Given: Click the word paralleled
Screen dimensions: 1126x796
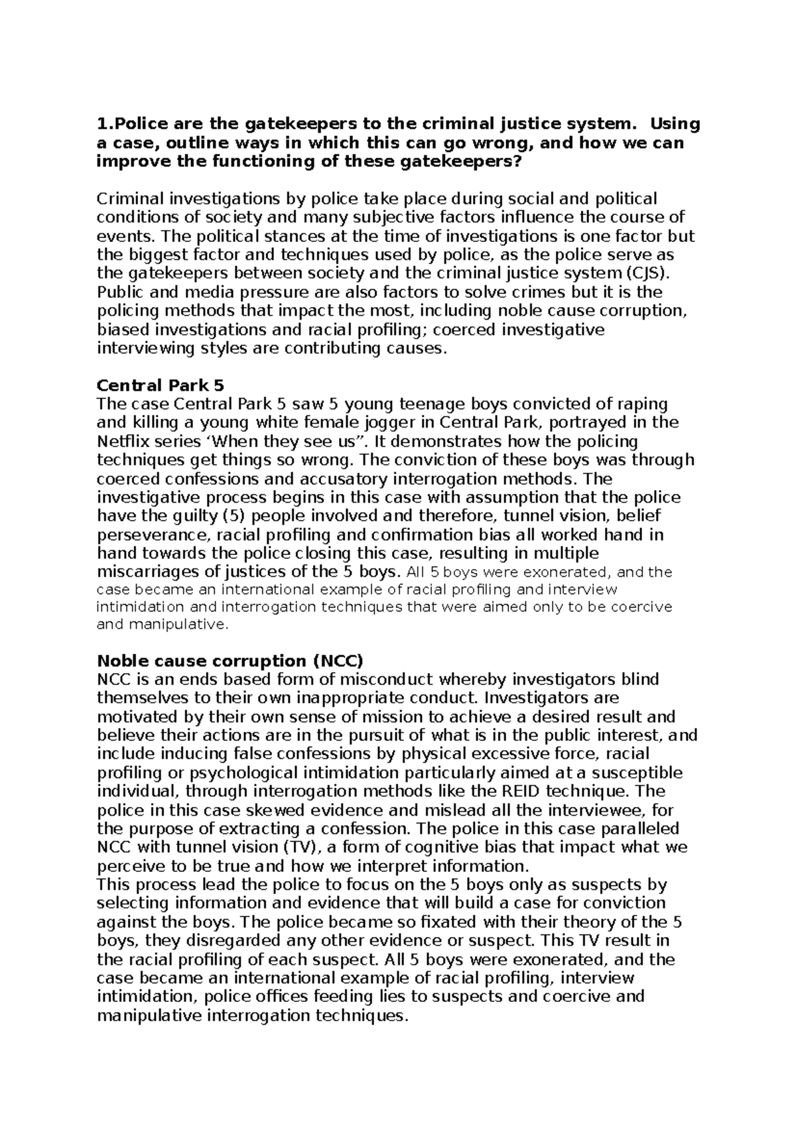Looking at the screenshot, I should [x=639, y=828].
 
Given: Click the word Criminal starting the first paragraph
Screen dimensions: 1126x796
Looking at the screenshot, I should [x=131, y=199].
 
